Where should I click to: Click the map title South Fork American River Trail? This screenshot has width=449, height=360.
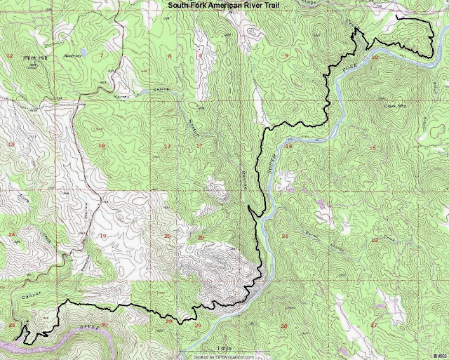[224, 6]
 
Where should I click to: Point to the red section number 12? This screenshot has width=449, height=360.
[9, 55]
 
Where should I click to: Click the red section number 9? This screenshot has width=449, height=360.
[286, 55]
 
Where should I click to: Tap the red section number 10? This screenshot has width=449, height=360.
[375, 57]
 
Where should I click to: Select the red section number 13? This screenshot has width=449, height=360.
[11, 144]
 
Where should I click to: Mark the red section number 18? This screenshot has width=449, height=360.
[102, 146]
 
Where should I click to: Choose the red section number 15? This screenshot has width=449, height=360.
[373, 147]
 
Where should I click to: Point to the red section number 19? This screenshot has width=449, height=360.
[102, 235]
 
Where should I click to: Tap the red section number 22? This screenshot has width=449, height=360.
[374, 240]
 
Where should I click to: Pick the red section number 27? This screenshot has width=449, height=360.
[373, 326]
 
